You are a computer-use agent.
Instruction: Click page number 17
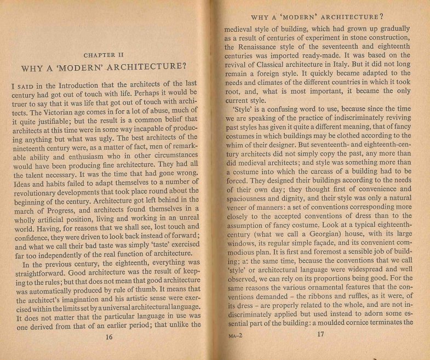(320, 334)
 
